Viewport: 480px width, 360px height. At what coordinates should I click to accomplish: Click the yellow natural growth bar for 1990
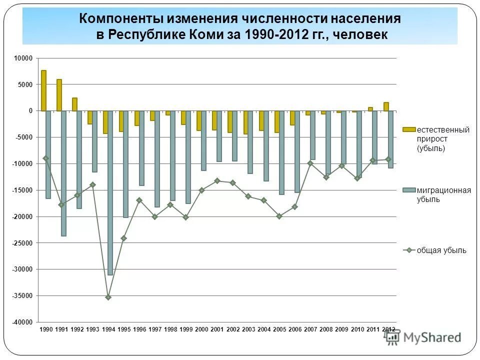click(x=43, y=90)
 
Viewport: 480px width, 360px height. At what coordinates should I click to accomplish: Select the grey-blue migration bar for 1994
click(x=110, y=192)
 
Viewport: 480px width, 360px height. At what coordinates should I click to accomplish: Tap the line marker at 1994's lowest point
click(x=108, y=297)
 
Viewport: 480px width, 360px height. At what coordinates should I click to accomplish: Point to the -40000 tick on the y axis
click(x=23, y=322)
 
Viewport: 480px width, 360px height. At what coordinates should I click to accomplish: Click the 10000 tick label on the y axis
click(x=23, y=58)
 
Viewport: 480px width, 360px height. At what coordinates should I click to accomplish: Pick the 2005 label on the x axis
click(x=279, y=329)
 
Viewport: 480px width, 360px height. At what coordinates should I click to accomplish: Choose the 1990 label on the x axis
click(x=45, y=329)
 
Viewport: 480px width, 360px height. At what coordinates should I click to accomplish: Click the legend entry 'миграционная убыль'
click(x=437, y=194)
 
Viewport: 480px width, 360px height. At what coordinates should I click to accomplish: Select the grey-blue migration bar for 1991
click(x=63, y=173)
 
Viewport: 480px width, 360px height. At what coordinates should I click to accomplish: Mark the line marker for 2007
click(x=310, y=163)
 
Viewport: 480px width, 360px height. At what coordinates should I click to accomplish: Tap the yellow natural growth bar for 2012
click(x=386, y=106)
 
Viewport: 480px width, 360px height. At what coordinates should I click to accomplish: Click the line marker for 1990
click(x=45, y=158)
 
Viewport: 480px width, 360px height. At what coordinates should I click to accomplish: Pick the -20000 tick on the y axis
click(x=23, y=216)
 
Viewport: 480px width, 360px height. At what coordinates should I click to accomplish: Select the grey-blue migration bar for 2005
click(x=282, y=152)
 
